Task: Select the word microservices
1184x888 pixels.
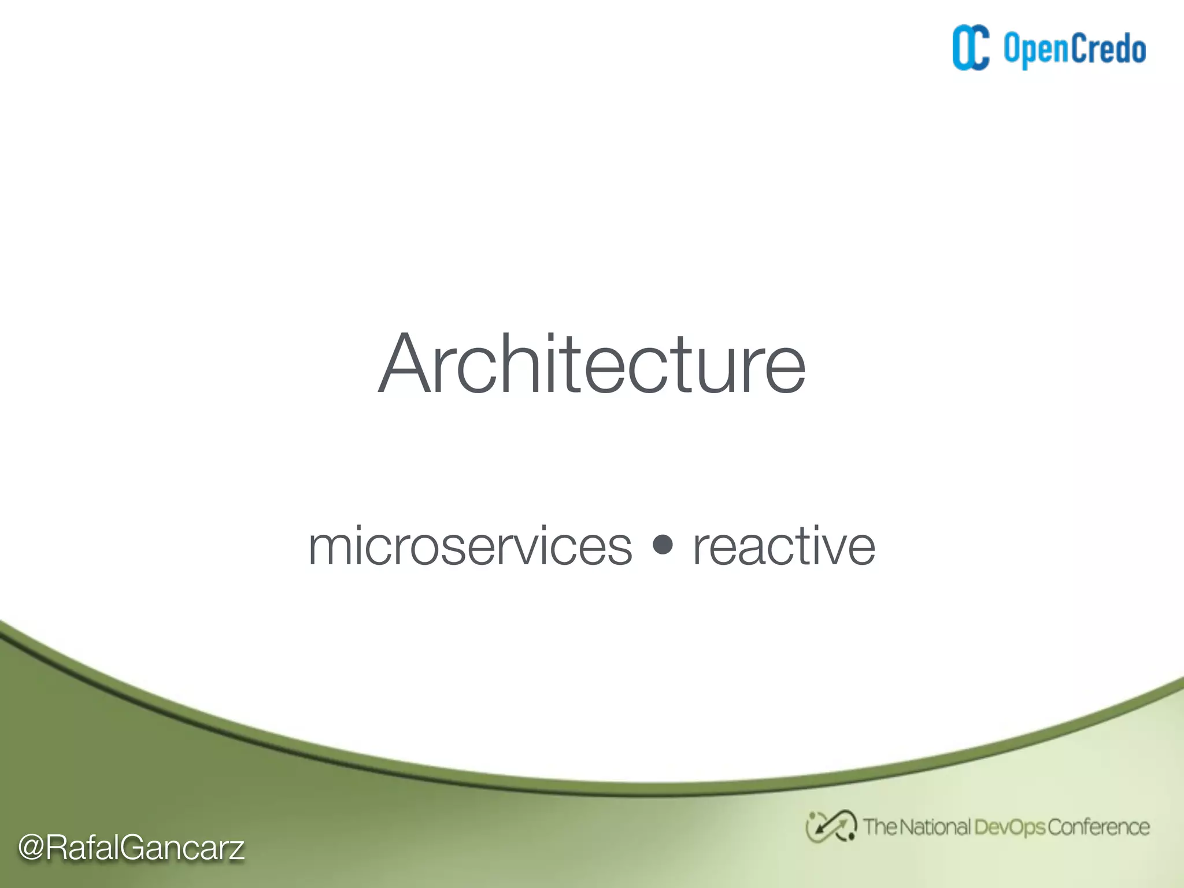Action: coord(471,546)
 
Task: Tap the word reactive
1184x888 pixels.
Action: coord(784,546)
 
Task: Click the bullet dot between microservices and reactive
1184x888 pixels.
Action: coord(663,544)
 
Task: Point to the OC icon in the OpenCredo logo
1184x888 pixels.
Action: coord(971,48)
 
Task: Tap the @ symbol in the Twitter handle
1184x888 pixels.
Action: coord(32,848)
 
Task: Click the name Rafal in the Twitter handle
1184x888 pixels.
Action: coord(82,848)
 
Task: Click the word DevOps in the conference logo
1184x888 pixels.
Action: coord(1009,827)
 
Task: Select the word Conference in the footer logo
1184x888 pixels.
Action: coord(1098,827)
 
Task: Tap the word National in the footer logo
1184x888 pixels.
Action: coord(934,827)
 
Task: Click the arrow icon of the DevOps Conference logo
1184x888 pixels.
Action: coord(831,826)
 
